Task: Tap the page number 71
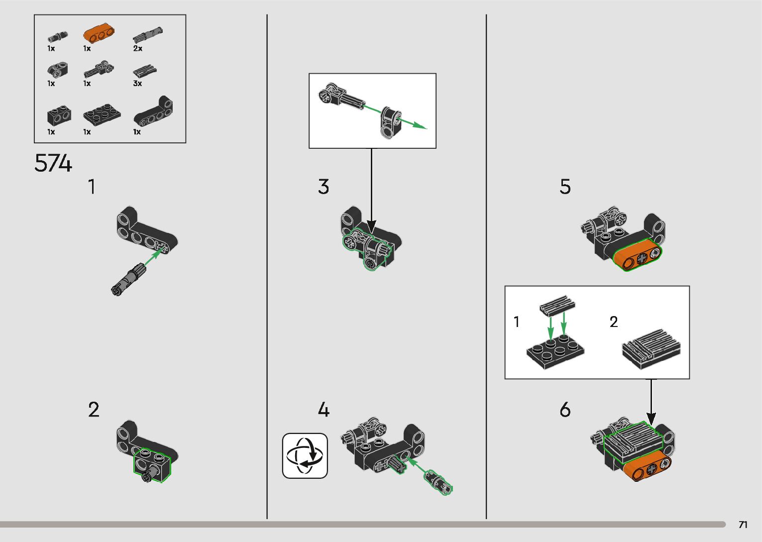coord(743,524)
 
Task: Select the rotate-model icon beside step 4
coord(305,455)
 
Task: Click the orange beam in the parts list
coord(99,33)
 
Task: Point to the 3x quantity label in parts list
coord(137,83)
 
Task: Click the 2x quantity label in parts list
coord(137,48)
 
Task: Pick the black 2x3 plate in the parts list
coord(102,114)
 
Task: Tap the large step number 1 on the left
coord(92,187)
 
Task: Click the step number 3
coord(324,187)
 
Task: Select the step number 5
coord(565,187)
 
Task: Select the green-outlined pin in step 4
coord(438,482)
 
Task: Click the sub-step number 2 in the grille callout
coord(614,322)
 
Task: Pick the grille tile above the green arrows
coord(557,305)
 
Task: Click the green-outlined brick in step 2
coord(152,465)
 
